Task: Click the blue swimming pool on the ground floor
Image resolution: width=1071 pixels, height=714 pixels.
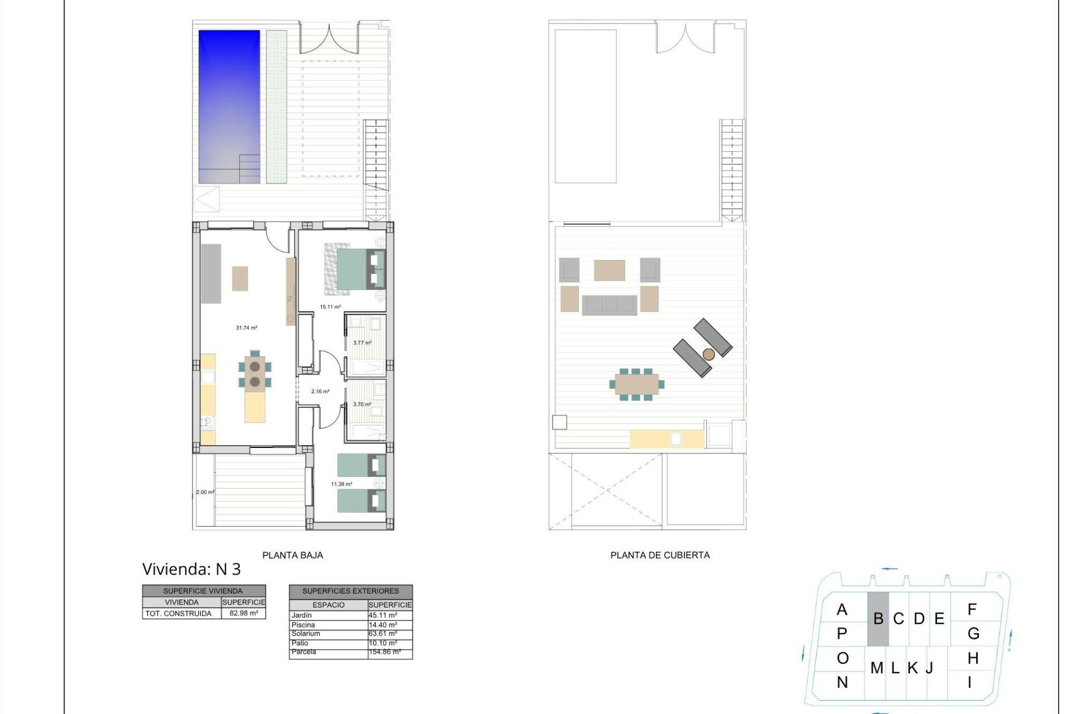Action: [x=229, y=106]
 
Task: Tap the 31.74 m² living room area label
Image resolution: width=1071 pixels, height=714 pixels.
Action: [x=246, y=328]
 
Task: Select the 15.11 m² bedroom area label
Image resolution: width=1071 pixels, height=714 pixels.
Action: [x=330, y=307]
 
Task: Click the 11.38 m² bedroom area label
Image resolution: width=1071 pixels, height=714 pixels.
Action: [x=341, y=484]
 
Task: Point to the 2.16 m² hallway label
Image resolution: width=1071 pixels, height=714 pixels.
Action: [x=320, y=392]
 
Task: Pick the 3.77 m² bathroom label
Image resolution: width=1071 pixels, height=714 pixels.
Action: [x=362, y=343]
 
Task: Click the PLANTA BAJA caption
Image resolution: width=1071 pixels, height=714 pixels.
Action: [x=292, y=555]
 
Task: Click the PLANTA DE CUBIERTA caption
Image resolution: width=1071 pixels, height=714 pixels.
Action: [x=660, y=555]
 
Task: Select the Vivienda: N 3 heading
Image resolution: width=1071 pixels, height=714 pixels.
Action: [x=191, y=569]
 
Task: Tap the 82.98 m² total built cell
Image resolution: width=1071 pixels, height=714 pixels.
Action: [x=244, y=613]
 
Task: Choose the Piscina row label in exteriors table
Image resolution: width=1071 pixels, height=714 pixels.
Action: [x=303, y=625]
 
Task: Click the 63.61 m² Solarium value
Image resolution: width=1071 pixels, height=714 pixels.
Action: [x=383, y=634]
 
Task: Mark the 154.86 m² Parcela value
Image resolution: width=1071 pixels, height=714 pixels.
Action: [x=384, y=652]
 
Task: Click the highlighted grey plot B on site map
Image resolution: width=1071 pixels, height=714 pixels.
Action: [x=877, y=619]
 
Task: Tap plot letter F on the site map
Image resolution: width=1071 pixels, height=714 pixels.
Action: [x=972, y=610]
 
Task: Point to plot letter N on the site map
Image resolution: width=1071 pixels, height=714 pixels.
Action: [x=842, y=682]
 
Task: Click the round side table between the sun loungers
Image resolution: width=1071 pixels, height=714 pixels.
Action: [x=708, y=354]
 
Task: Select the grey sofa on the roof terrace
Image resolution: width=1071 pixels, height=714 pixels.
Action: [x=609, y=305]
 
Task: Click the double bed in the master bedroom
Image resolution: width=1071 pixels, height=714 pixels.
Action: [x=355, y=269]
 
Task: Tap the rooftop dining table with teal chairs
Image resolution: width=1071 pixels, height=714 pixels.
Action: [x=636, y=384]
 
